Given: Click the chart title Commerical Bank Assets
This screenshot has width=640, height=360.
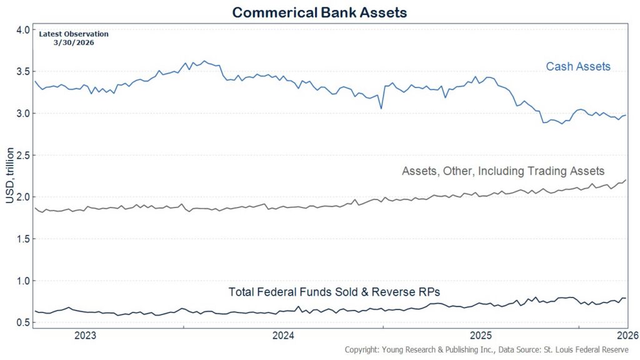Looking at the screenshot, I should click(x=319, y=12).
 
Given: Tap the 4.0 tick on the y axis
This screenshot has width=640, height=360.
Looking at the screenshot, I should click(x=22, y=30).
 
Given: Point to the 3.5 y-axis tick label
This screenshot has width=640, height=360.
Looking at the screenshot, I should click(x=22, y=72).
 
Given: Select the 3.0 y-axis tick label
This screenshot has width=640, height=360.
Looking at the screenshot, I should click(x=22, y=114).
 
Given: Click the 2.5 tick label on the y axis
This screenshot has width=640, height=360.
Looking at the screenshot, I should click(x=22, y=156).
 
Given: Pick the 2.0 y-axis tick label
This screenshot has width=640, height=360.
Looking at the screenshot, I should click(x=22, y=197).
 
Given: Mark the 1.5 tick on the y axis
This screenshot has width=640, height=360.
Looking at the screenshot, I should click(x=22, y=239).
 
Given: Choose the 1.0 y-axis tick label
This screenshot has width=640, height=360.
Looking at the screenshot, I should click(x=22, y=281).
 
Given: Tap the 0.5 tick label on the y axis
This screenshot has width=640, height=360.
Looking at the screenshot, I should click(x=22, y=323).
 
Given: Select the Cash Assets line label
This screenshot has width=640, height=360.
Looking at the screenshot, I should click(x=578, y=66).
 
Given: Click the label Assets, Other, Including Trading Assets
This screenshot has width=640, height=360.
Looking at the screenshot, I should click(x=502, y=171).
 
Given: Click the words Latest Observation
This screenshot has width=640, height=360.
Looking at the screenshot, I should click(x=73, y=34).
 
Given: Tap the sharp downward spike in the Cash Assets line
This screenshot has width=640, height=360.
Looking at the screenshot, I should click(x=381, y=108).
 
